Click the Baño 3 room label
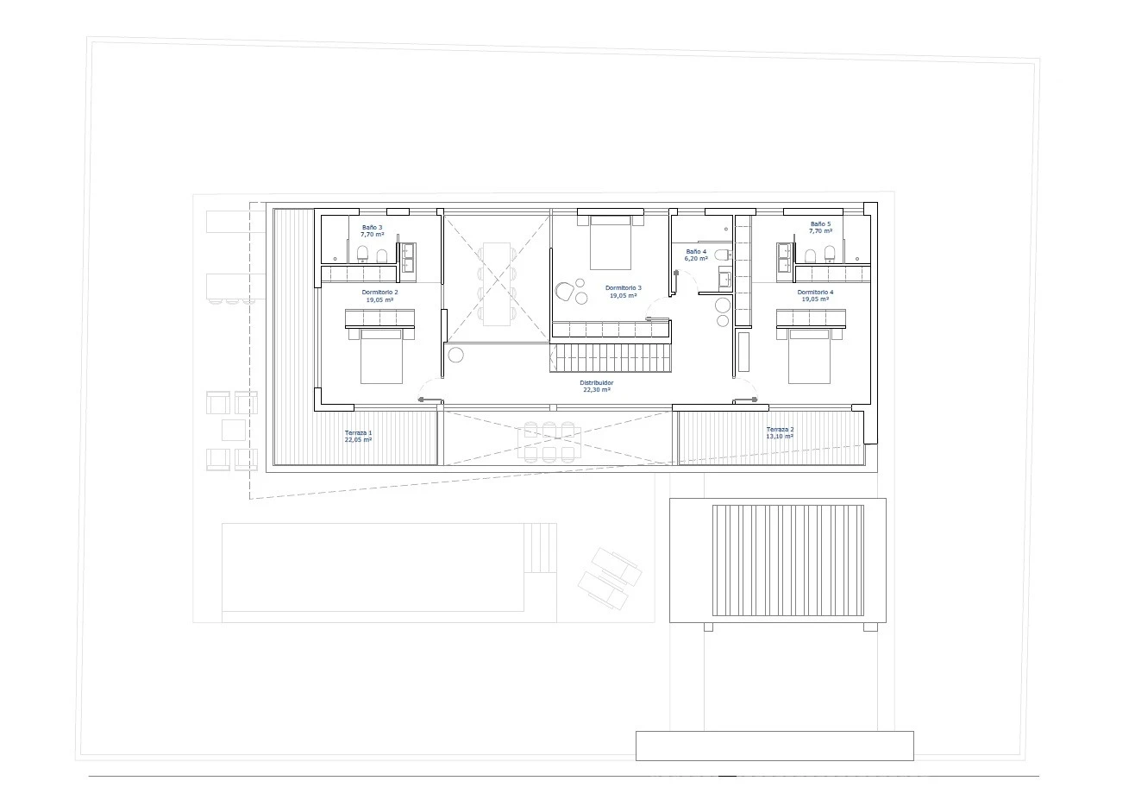(373, 228)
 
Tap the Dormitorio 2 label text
(379, 293)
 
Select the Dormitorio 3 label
(624, 288)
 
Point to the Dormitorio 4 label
(815, 292)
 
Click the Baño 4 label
(696, 251)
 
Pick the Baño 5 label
(820, 224)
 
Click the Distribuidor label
(596, 383)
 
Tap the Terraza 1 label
(358, 433)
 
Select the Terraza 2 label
(780, 430)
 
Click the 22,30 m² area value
(596, 390)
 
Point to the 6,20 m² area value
(696, 259)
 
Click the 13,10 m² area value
(780, 437)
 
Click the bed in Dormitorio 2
(381, 356)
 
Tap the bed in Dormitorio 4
(809, 356)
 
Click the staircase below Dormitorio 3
(611, 358)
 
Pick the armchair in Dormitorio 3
(564, 292)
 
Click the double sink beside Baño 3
(409, 257)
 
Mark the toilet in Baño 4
(723, 255)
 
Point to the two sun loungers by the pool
(610, 578)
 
